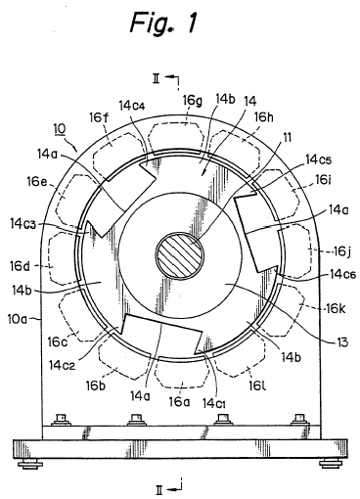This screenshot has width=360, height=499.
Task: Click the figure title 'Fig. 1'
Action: [163, 23]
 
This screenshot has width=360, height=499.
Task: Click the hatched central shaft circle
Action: [180, 255]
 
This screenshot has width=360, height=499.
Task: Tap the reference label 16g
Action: [192, 101]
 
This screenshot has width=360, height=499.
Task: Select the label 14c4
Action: [132, 106]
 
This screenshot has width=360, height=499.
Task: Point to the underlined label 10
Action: [60, 129]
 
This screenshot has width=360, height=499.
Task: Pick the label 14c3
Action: [22, 224]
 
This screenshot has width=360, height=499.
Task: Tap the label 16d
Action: [20, 266]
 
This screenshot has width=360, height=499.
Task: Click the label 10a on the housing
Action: [18, 319]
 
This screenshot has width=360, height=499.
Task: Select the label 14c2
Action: [63, 365]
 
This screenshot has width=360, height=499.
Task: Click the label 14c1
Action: [214, 403]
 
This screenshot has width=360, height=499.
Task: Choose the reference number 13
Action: [341, 342]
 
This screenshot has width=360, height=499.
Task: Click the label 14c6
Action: [342, 274]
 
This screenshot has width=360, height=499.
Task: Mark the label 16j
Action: [340, 251]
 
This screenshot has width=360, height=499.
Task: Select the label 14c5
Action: [318, 159]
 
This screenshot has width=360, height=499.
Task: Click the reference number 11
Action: [287, 137]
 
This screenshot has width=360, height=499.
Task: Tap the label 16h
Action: [263, 116]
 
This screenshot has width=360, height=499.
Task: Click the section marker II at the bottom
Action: [159, 489]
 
